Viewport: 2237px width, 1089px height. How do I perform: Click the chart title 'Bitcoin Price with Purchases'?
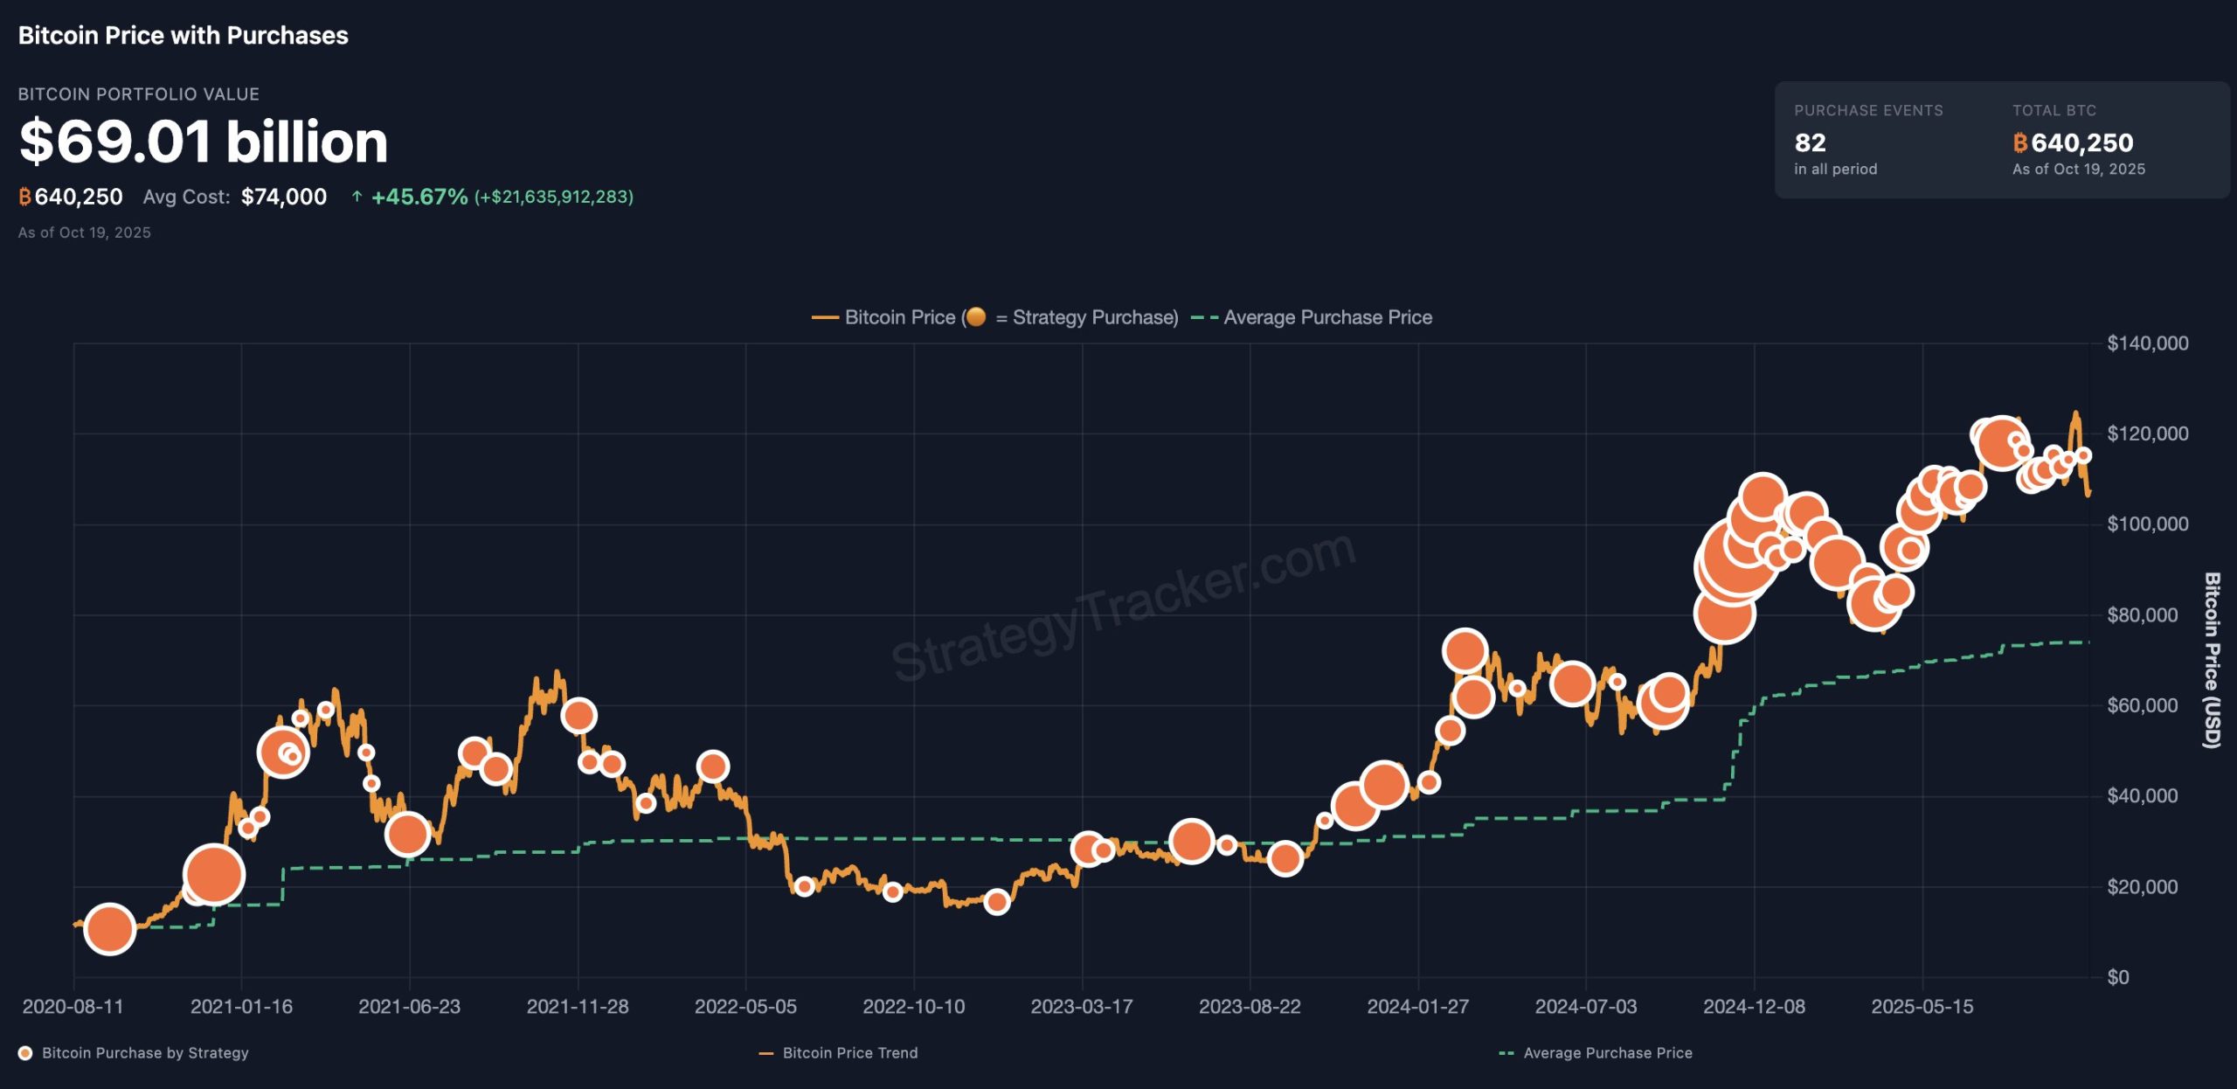tap(183, 36)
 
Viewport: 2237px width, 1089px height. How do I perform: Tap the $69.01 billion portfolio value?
tap(203, 142)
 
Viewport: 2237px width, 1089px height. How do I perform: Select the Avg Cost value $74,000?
tap(284, 197)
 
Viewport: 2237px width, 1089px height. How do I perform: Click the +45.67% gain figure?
tap(419, 197)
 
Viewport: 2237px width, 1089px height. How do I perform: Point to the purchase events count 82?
tap(1810, 142)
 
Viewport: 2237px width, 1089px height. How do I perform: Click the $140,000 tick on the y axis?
tap(2147, 343)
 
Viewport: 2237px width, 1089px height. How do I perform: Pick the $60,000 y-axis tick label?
tap(2142, 705)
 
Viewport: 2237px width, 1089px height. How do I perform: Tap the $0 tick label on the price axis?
tap(2117, 977)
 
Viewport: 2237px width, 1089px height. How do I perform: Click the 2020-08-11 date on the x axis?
tap(73, 1007)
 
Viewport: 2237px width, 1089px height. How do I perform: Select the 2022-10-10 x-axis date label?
tap(914, 1007)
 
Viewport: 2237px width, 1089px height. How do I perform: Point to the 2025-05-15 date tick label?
tap(1922, 1007)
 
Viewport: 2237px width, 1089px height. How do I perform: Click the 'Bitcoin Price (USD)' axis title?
tap(2211, 661)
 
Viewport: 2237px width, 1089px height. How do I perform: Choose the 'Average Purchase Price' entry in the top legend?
tap(1326, 317)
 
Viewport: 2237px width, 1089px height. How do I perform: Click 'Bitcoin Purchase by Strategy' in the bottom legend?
tap(145, 1053)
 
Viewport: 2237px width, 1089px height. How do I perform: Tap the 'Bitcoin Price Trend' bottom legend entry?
tap(849, 1053)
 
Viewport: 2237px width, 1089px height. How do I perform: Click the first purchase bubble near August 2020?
tap(109, 929)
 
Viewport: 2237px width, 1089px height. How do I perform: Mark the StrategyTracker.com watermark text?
tap(1123, 607)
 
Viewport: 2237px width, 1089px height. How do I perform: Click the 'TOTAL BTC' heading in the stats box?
tap(2053, 111)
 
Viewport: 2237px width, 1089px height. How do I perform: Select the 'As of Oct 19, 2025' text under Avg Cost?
tap(85, 232)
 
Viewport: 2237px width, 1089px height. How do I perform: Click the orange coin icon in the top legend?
tap(976, 316)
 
